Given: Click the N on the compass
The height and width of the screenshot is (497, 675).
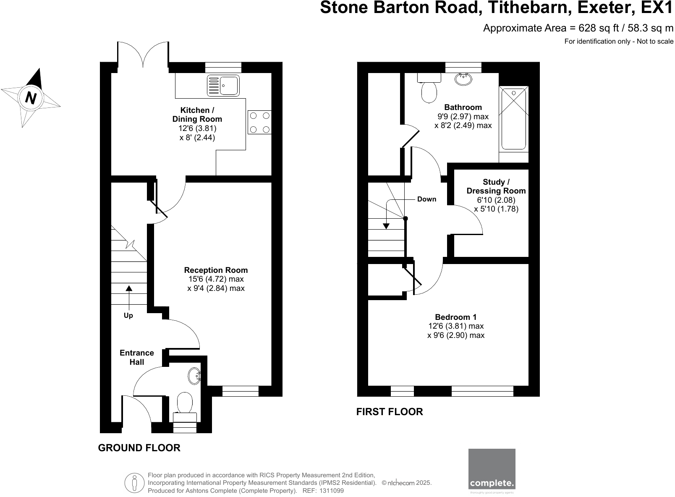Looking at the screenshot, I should click(x=31, y=98).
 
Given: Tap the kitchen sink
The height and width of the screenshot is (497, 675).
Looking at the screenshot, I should click(x=223, y=85).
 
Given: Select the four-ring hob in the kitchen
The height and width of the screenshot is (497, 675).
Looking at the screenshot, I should click(x=259, y=122).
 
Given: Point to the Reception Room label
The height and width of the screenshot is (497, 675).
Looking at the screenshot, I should click(x=216, y=270).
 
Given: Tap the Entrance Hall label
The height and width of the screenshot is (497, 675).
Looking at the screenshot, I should click(x=136, y=357).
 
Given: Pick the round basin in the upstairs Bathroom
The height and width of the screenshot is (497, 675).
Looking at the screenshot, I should click(x=463, y=79).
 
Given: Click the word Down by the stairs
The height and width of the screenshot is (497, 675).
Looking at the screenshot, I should click(x=426, y=199).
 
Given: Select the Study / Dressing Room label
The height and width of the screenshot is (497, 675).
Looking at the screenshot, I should click(x=496, y=186).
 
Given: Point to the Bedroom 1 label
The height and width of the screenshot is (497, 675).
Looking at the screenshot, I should click(x=455, y=317).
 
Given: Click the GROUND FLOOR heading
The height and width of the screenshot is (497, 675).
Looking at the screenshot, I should click(x=139, y=448).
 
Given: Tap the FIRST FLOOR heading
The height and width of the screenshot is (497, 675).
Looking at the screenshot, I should click(x=390, y=412).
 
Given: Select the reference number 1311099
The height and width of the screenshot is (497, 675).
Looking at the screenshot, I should click(x=332, y=491).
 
